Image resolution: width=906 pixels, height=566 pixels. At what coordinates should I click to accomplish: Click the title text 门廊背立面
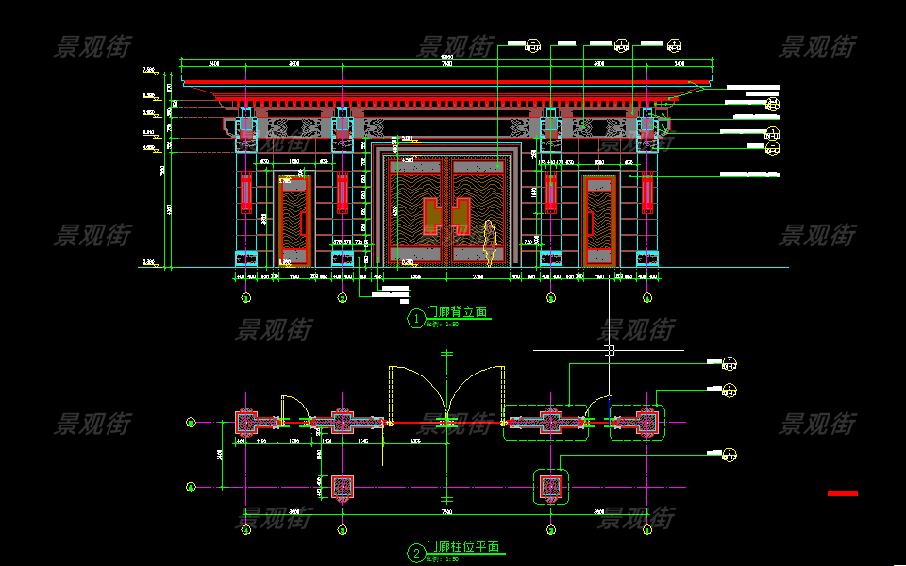457,312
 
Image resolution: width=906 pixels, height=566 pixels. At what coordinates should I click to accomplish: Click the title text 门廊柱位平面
462,547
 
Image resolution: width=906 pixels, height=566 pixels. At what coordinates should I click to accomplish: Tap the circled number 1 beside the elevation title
416,319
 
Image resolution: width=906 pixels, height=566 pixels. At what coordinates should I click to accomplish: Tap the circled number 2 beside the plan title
416,554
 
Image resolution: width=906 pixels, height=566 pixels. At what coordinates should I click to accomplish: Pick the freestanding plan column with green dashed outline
550,487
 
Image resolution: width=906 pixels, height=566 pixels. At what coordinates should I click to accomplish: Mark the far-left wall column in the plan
246,422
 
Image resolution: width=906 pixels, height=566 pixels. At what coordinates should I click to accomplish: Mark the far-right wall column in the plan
647,422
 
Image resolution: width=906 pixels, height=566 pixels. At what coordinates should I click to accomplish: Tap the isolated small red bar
843,493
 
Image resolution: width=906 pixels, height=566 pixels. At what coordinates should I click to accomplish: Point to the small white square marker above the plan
610,350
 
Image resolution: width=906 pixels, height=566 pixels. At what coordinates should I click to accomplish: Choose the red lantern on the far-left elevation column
246,193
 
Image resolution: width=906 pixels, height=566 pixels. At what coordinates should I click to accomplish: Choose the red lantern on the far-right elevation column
646,193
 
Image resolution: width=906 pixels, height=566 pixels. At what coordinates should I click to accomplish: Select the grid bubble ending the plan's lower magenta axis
190,487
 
